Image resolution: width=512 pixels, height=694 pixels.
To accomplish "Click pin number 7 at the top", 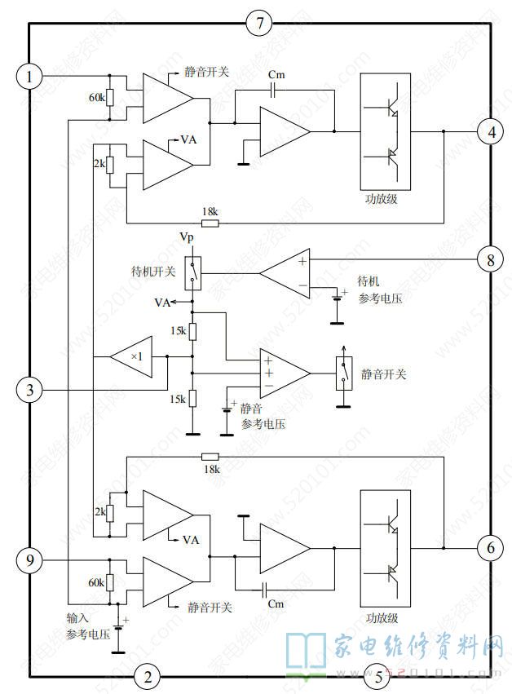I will point(258,23).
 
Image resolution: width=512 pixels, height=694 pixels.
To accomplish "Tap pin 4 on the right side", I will point(489,131).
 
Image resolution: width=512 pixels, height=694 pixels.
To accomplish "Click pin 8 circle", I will point(489,260).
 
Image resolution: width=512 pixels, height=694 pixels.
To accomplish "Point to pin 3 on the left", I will point(29,390).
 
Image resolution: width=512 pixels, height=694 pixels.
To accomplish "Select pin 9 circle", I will point(29,560).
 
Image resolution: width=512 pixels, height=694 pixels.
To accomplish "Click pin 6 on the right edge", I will point(489,547).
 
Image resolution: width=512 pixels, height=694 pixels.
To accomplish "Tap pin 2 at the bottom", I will point(148,675).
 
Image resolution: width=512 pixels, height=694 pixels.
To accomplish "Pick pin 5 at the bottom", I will point(377,675).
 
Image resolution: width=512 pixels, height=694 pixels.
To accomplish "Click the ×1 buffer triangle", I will point(131,357).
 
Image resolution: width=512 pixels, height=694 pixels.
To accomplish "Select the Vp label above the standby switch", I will point(188,236).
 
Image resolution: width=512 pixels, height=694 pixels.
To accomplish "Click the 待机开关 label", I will point(153,271).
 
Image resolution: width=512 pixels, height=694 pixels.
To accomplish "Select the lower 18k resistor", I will point(210,458).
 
